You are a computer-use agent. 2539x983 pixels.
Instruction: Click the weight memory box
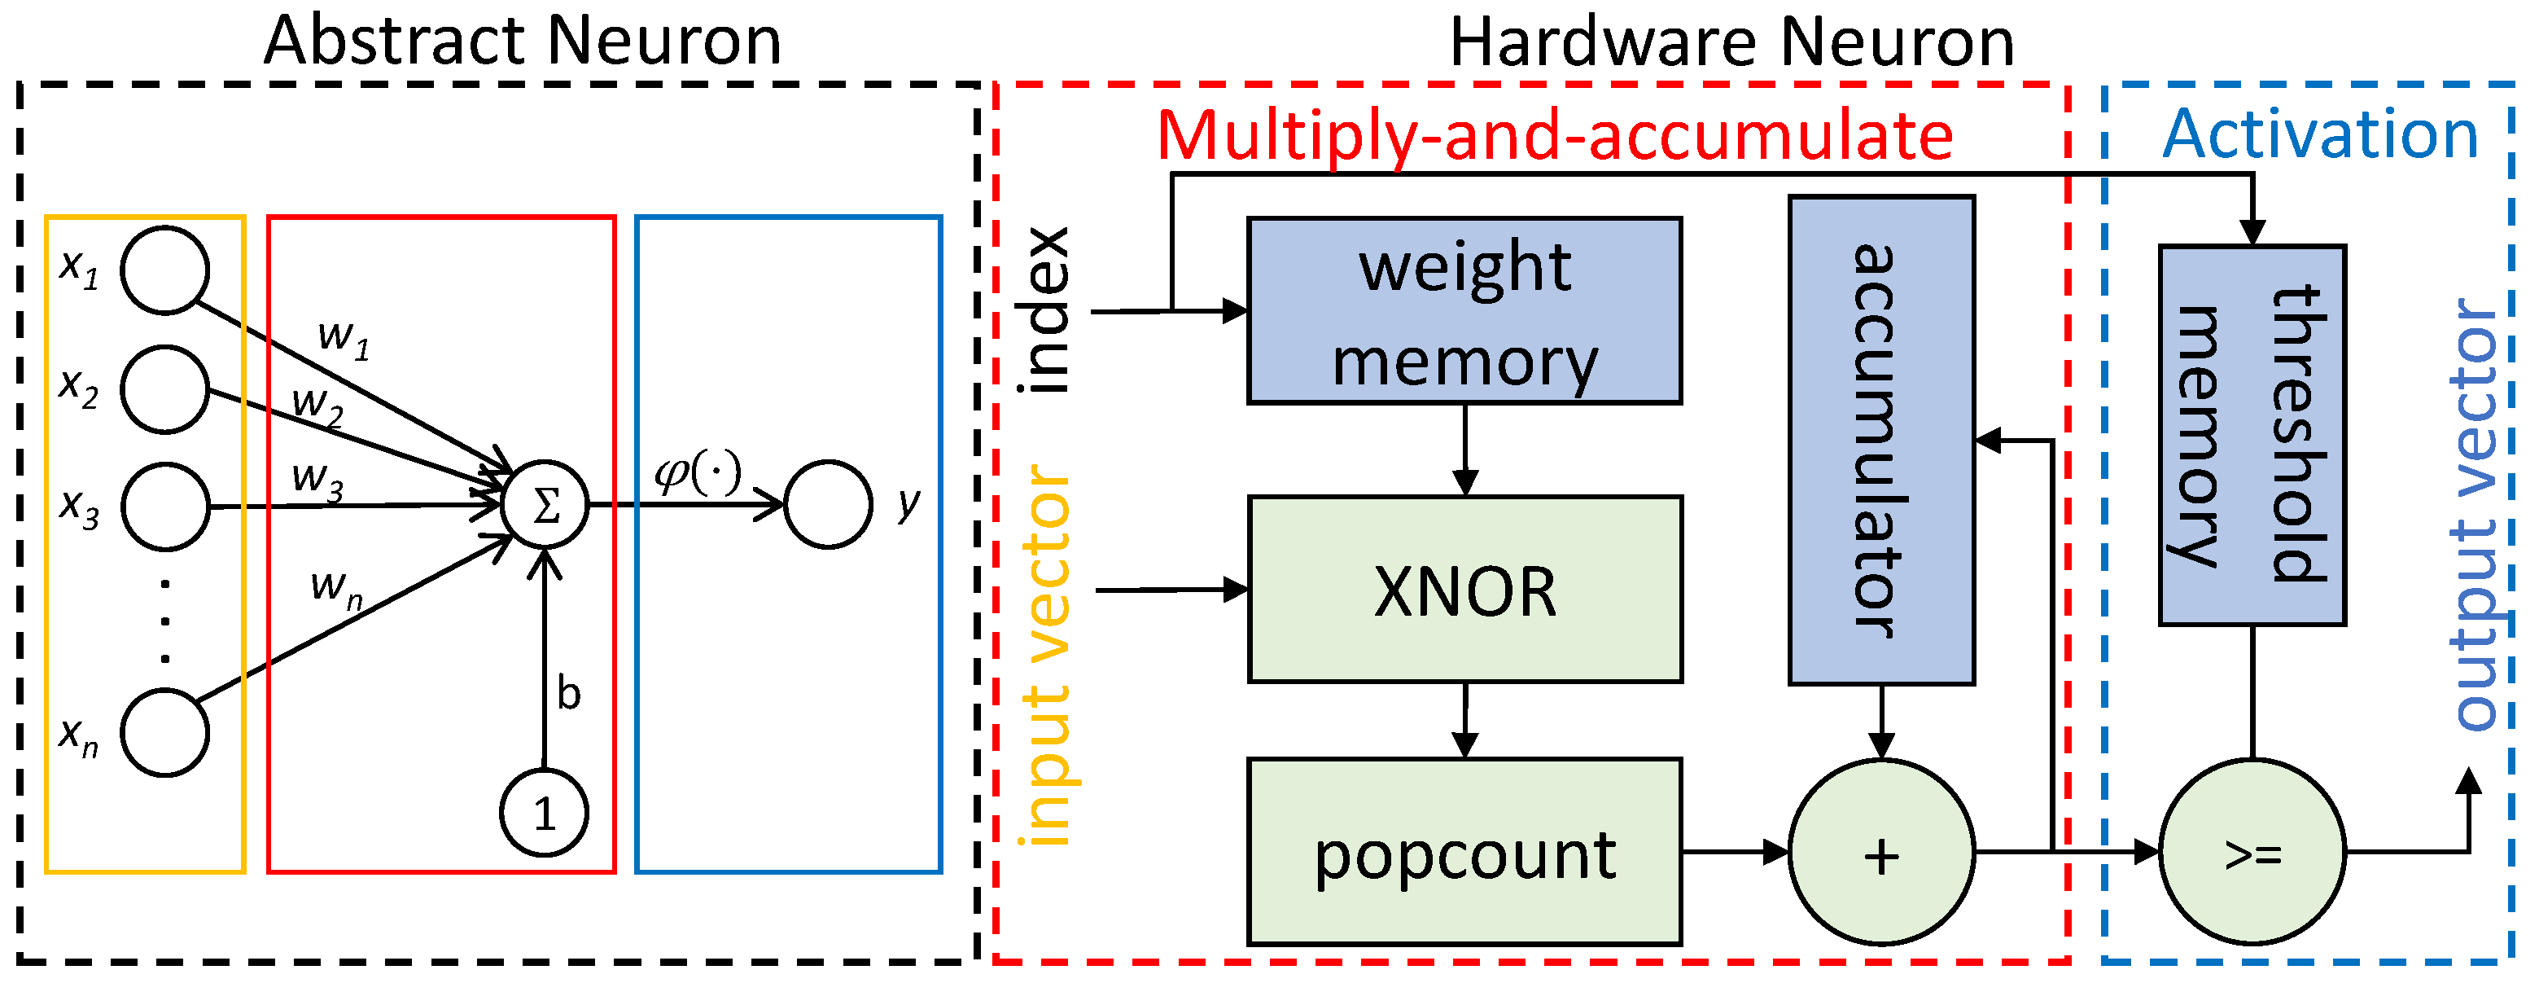point(1464,310)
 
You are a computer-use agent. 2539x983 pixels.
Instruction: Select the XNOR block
point(1464,590)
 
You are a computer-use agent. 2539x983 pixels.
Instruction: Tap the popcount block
point(1464,852)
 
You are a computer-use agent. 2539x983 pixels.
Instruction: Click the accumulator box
point(1880,440)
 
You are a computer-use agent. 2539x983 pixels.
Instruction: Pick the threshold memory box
point(2252,435)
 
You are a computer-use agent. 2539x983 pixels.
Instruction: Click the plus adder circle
point(1880,853)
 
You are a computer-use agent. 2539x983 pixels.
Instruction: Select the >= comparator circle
point(2252,853)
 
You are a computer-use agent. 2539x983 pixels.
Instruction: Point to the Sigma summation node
point(545,505)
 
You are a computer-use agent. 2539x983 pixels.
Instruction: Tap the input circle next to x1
point(164,270)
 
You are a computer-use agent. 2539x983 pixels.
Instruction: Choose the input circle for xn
point(164,732)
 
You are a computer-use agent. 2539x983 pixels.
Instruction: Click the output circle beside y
point(828,505)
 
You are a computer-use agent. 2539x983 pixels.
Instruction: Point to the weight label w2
point(317,404)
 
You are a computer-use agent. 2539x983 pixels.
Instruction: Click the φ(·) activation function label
point(698,472)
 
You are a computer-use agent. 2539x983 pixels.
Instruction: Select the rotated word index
point(1044,310)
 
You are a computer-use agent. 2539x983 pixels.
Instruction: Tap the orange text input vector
point(1047,656)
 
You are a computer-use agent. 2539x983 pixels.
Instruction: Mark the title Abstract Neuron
point(523,42)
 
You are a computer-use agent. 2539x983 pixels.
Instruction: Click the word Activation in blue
point(2320,134)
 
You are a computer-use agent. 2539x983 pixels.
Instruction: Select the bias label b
point(569,693)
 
